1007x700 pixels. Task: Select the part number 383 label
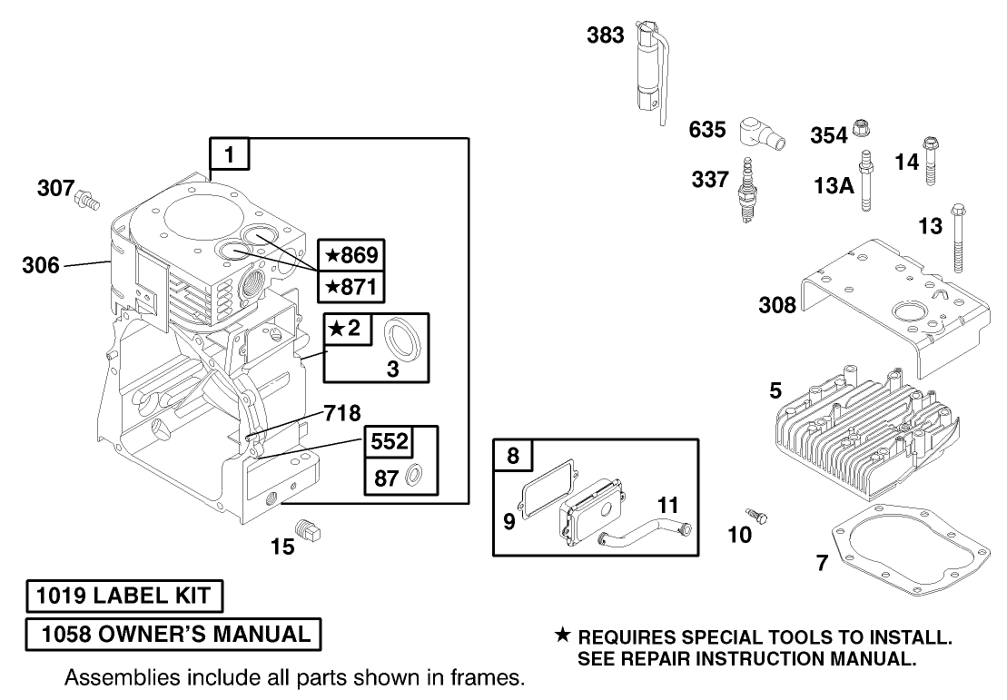605,35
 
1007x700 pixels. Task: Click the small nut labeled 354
864,133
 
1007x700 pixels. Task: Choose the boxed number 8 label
513,457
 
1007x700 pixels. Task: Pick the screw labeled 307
87,196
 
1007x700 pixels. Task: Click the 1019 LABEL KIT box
124,596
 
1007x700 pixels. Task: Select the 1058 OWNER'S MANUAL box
173,634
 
